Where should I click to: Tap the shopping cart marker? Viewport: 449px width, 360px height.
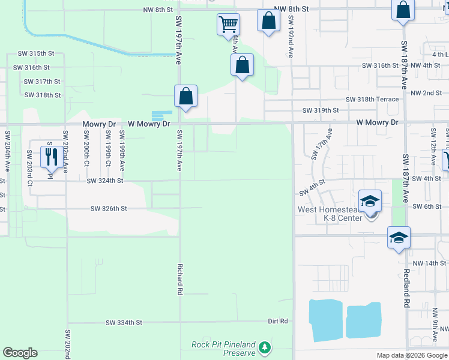[x=228, y=25]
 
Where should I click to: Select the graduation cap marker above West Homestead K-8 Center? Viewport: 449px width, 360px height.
[x=370, y=201]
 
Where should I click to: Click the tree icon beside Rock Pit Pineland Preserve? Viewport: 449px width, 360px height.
[x=264, y=347]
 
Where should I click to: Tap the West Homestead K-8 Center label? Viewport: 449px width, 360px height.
[x=330, y=214]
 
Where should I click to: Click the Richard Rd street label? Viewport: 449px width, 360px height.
[x=179, y=279]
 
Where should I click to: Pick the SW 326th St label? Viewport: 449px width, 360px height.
[x=109, y=209]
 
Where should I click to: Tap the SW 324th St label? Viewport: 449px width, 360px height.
[x=104, y=181]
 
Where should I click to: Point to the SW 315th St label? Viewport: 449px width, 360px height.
[x=34, y=53]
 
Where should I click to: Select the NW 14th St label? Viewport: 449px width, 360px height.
[x=427, y=263]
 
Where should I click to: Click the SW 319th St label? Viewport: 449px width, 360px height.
[x=321, y=110]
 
